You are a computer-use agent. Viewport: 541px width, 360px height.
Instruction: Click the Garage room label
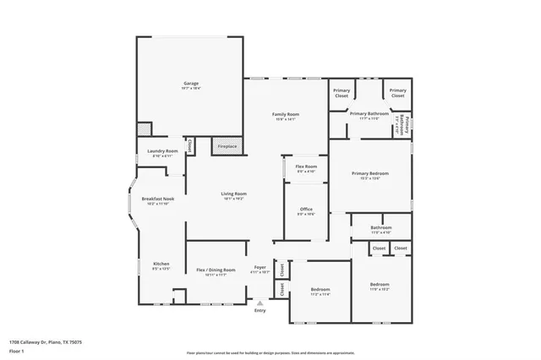tap(191, 84)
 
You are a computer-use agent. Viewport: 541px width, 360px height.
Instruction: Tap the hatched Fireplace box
tap(227, 145)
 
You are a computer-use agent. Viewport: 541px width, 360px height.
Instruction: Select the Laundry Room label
tap(162, 153)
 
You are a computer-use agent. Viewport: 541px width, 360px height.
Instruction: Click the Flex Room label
tap(305, 168)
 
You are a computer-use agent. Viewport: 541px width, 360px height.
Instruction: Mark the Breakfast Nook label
tap(156, 201)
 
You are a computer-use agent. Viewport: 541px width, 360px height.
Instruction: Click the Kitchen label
tap(161, 266)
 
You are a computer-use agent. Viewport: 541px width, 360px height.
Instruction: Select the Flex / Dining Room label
tap(216, 272)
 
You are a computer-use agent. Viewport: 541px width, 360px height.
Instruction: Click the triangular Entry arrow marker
tap(260, 303)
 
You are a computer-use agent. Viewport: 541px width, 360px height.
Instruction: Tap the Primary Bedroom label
tap(370, 176)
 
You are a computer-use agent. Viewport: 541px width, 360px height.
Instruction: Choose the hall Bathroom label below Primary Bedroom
tap(381, 229)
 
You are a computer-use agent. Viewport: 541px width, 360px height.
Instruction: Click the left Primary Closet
tap(341, 93)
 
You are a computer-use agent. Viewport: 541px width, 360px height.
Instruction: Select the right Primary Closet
tap(396, 93)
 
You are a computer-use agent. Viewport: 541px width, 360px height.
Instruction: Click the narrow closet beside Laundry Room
tap(189, 146)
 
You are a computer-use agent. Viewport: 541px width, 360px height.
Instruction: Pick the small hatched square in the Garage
tap(145, 128)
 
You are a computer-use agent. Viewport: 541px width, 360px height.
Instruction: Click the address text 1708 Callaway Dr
tap(46, 342)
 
